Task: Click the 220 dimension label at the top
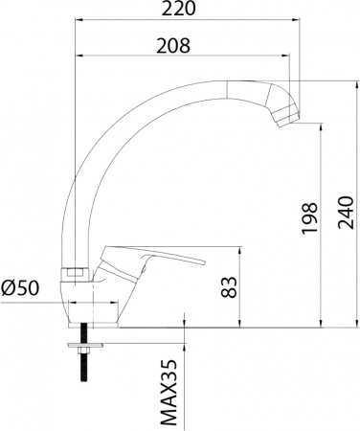180,11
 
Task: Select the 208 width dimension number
172,46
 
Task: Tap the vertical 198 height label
309,219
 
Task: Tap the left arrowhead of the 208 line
78,58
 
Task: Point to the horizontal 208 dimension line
182,58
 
